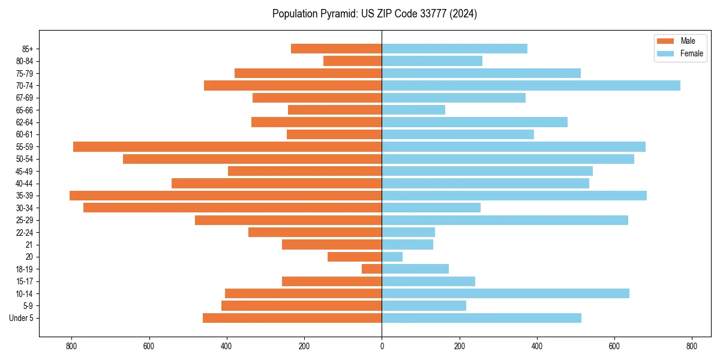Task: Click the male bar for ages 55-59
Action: pyautogui.click(x=227, y=147)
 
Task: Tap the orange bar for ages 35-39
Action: pyautogui.click(x=226, y=196)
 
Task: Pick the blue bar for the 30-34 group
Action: pyautogui.click(x=431, y=208)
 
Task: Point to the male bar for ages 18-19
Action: pyautogui.click(x=372, y=269)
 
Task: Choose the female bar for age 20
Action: pyautogui.click(x=392, y=257)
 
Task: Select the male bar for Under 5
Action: pyautogui.click(x=292, y=318)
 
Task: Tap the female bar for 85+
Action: pyautogui.click(x=454, y=49)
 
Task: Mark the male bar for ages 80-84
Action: pyautogui.click(x=353, y=61)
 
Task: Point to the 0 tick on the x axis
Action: pyautogui.click(x=382, y=346)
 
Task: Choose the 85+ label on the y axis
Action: pyautogui.click(x=28, y=49)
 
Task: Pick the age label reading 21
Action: pyautogui.click(x=29, y=245)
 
